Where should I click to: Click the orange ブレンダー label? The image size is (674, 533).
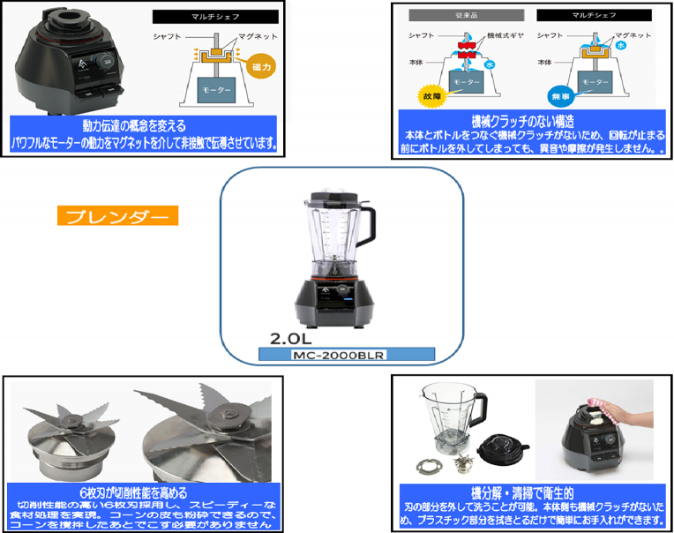pos(117,216)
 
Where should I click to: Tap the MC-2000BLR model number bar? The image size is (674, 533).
pos(348,354)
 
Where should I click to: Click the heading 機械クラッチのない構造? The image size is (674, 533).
pos(529,120)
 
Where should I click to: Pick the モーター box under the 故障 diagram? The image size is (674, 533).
pos(468,81)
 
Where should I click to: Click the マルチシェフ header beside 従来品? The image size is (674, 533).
pos(593,15)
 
